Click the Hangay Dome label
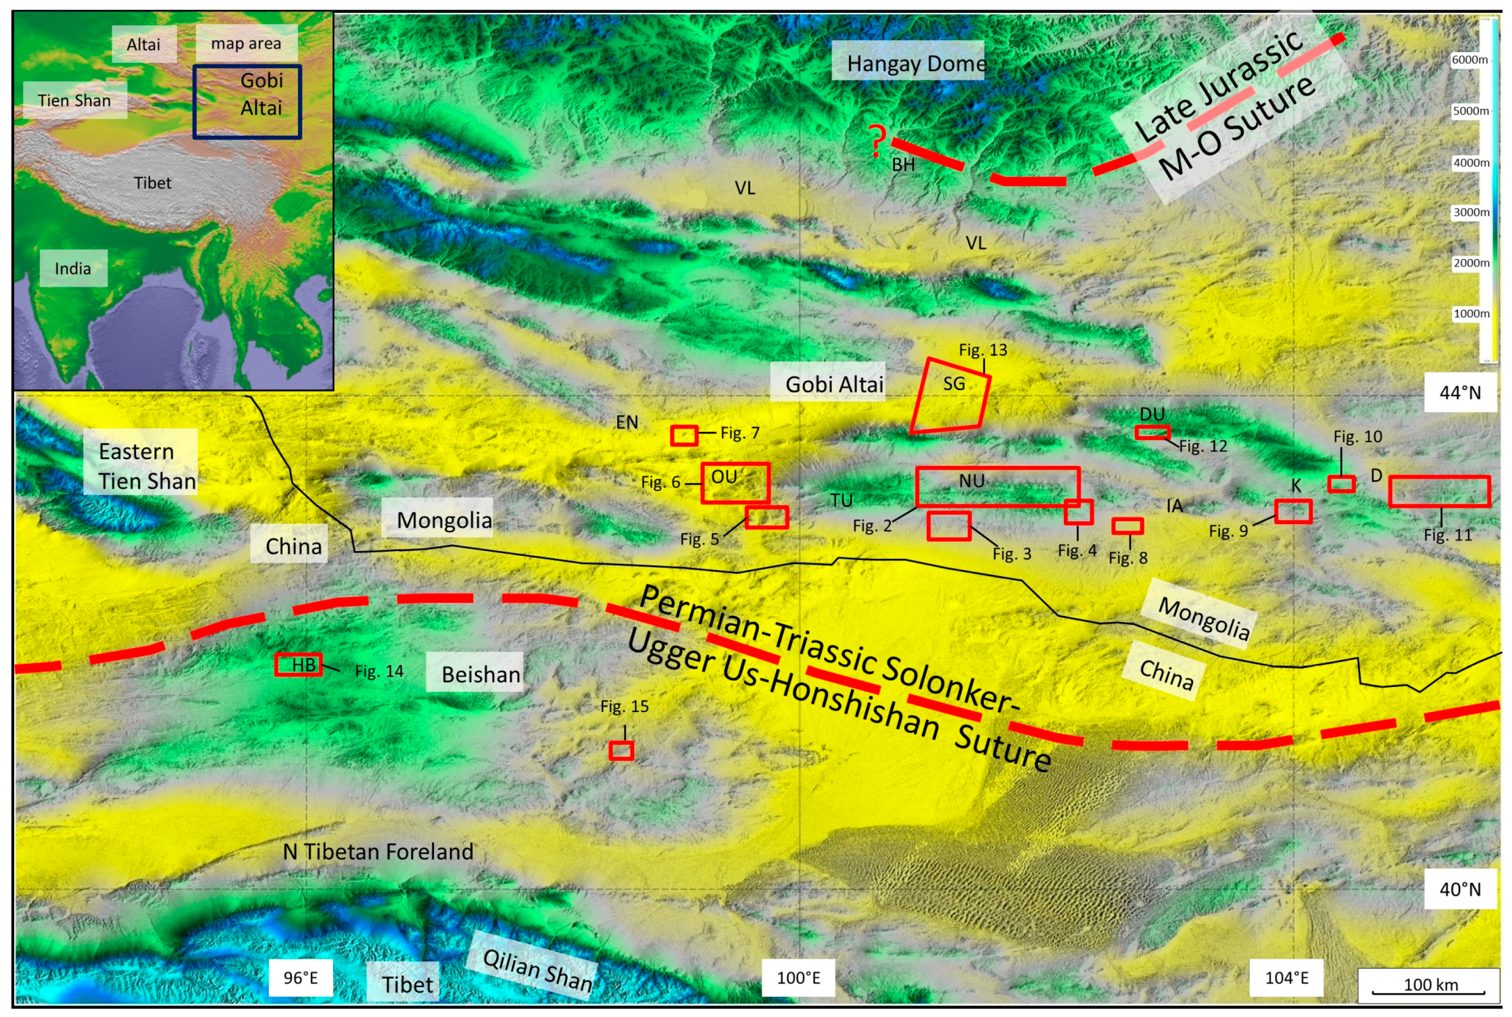(x=915, y=64)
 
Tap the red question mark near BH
(x=877, y=141)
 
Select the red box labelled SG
(x=950, y=396)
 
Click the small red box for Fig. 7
(x=683, y=435)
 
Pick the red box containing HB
(x=298, y=665)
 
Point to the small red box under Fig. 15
(x=620, y=751)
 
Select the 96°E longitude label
(x=300, y=978)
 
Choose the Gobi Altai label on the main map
(x=833, y=384)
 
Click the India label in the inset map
(x=73, y=268)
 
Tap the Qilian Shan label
(x=537, y=970)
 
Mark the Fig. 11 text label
(x=1447, y=535)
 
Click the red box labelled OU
(x=735, y=483)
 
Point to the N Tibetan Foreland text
(x=378, y=851)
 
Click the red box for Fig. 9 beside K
(x=1292, y=511)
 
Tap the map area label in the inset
(x=246, y=43)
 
